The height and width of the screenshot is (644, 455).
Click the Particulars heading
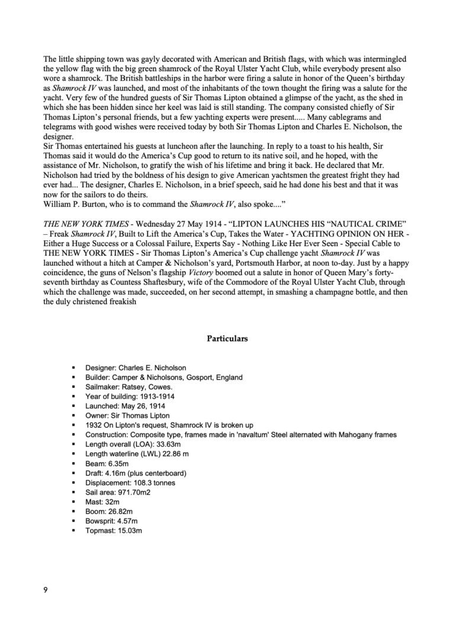point(227,339)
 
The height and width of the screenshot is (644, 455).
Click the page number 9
point(46,590)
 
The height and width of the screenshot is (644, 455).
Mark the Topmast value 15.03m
point(128,531)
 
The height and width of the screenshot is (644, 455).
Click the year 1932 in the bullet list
point(95,426)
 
